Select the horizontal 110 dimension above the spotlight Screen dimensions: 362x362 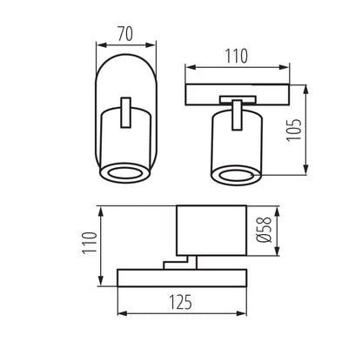coord(236,57)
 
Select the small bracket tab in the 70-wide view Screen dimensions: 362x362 coord(126,112)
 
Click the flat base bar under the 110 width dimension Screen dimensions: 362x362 coord(236,91)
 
